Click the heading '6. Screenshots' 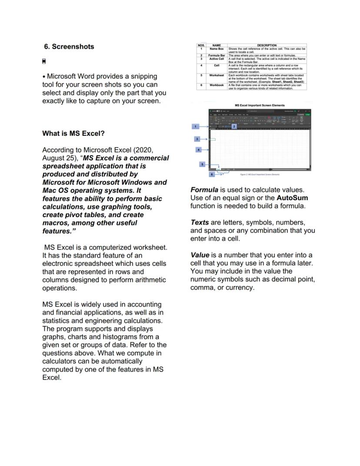coord(69,47)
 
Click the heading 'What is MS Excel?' coord(73,133)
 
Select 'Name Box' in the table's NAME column coord(217,49)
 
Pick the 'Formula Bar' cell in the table coord(217,56)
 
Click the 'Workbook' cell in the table coord(217,85)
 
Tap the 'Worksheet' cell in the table coord(217,75)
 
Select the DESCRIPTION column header coord(267,45)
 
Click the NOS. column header coord(201,45)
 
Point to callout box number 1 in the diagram coord(196,127)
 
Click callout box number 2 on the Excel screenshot coord(234,126)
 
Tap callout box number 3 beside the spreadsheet coord(197,139)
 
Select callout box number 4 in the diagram coord(199,150)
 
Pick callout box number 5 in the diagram coord(202,164)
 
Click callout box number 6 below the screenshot coord(212,174)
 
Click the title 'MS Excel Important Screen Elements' coord(260,105)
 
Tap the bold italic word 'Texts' coord(200,222)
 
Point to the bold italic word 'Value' coord(200,255)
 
